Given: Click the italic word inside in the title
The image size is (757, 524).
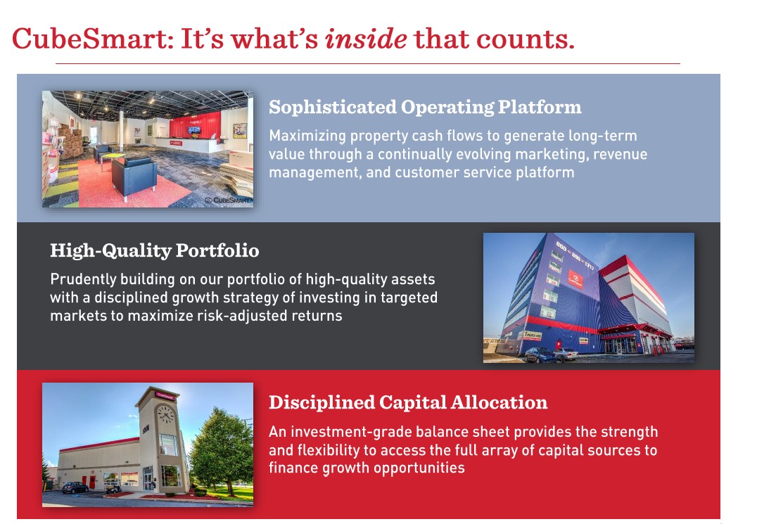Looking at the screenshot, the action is pos(365,39).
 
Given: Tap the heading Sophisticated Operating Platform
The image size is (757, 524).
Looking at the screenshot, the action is pos(425,107).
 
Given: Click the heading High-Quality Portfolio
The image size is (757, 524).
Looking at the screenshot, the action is pos(155,250).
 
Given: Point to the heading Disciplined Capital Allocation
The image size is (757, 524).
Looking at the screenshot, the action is pos(408,402).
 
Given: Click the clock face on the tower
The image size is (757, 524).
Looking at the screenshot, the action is pos(165,414).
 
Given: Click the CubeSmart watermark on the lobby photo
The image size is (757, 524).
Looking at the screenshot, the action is pos(227,200).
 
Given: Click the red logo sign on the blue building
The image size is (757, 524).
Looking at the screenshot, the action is pos(575,279).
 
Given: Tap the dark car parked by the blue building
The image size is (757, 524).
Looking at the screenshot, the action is pos(540,355).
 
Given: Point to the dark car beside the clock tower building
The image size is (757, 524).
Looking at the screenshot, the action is pos(75,487).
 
